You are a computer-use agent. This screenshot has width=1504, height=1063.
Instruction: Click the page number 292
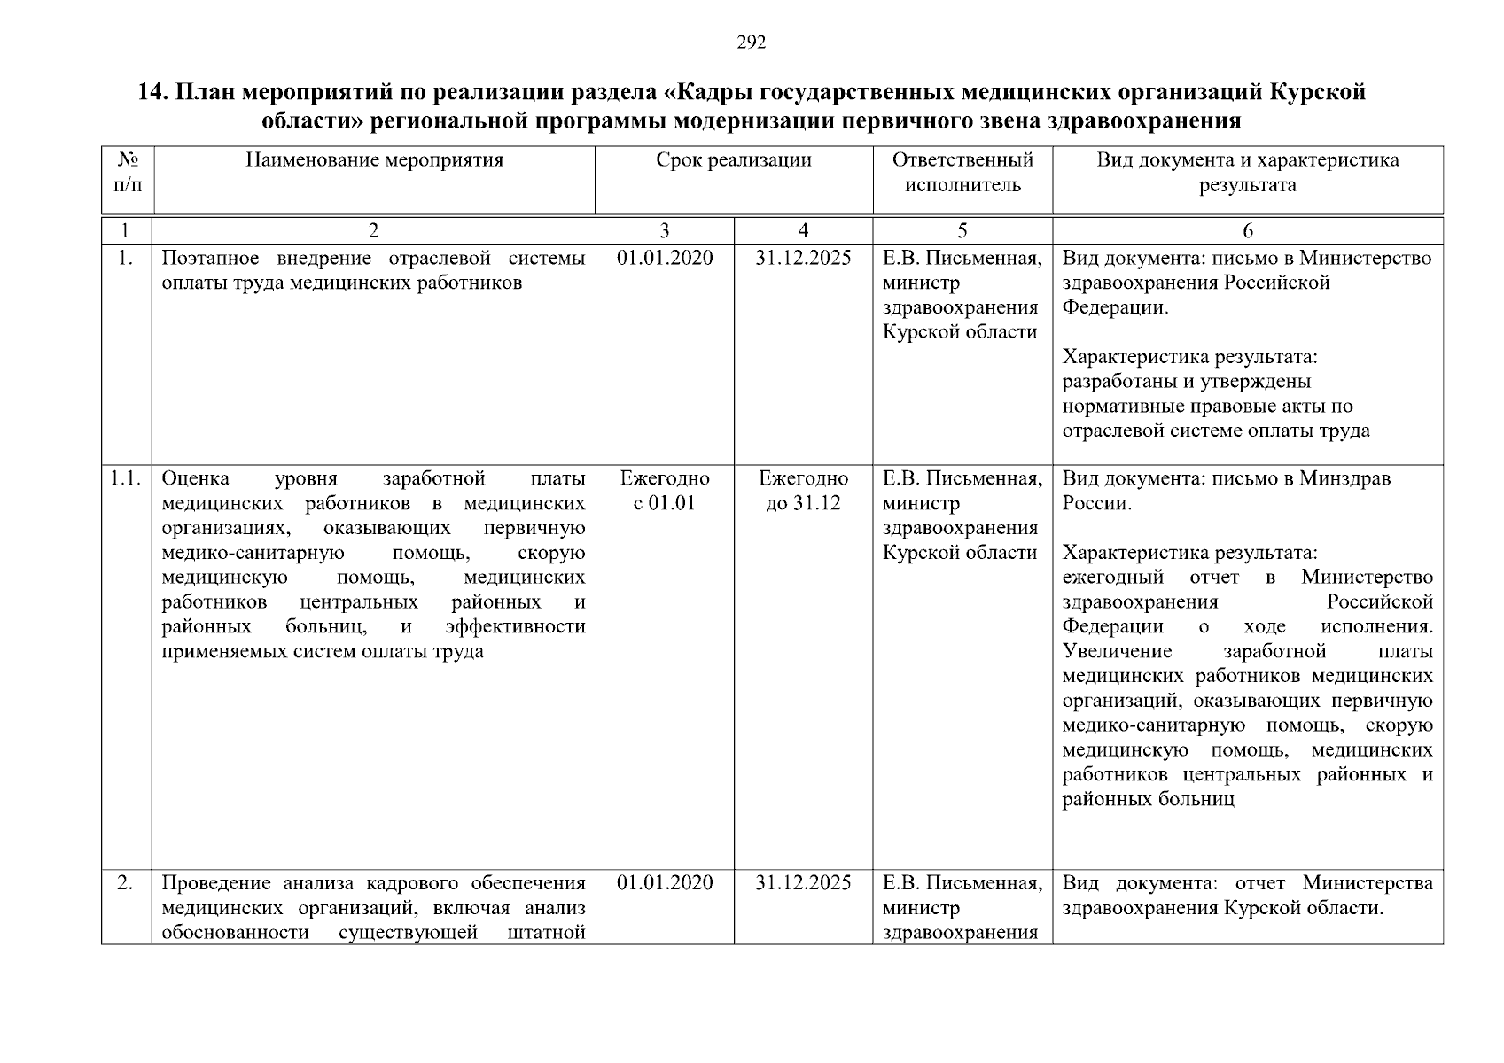coord(751,43)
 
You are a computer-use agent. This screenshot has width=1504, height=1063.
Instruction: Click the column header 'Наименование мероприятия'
coord(374,160)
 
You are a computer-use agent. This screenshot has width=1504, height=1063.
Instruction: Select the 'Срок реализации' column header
coord(734,160)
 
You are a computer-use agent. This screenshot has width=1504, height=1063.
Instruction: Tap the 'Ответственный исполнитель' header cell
coord(962,173)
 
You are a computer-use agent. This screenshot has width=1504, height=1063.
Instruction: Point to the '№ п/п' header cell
coord(127,173)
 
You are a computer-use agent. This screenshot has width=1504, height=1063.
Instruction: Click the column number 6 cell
coord(1247,231)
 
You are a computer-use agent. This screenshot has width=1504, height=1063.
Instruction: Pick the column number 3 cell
coord(665,231)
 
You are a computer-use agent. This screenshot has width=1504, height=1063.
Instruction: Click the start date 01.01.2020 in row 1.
coord(665,258)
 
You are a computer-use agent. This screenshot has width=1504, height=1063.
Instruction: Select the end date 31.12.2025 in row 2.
coord(803,883)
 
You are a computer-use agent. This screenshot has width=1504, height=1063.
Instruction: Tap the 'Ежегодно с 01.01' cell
coord(665,491)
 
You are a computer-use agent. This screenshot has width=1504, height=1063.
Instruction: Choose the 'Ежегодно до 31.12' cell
coord(803,491)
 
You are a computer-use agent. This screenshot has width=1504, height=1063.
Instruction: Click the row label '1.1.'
coord(126,479)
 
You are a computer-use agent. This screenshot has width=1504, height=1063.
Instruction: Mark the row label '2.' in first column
coord(125,883)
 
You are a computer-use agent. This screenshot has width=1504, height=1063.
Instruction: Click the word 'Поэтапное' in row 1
coord(206,258)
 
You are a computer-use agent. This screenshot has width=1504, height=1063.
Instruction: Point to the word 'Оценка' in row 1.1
coord(195,479)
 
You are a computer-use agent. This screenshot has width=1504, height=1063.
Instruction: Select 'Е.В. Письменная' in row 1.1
coord(962,479)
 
